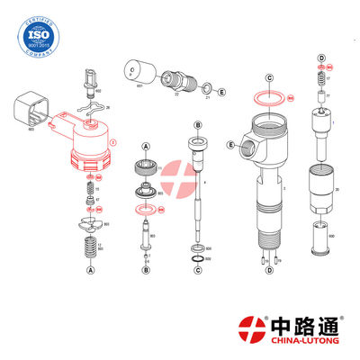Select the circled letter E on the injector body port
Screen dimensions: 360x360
tap(231, 144)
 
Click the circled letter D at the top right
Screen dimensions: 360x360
tap(320, 58)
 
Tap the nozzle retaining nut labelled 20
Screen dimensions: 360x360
tap(320, 189)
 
